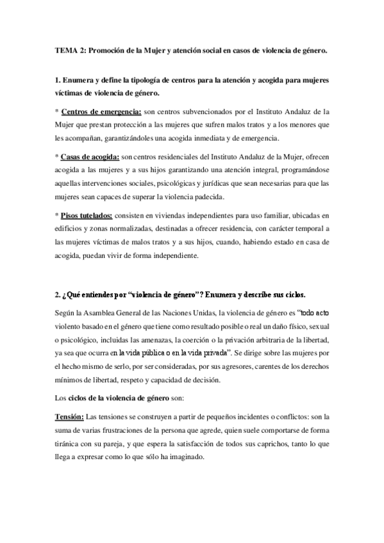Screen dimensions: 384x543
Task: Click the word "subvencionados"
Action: [207, 112]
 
